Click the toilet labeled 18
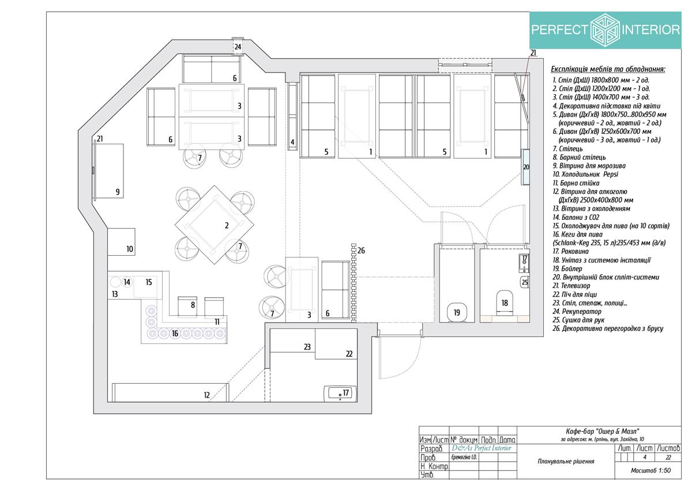(x=504, y=302)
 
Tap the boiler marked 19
(x=457, y=313)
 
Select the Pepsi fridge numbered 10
(x=121, y=242)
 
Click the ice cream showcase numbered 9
(x=110, y=171)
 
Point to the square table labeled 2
(x=215, y=225)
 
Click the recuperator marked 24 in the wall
(x=238, y=47)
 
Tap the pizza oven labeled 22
(x=336, y=344)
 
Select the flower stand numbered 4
(x=292, y=116)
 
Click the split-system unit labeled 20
(x=525, y=167)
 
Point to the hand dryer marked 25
(x=525, y=282)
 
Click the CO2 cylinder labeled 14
(x=127, y=282)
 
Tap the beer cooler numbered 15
(x=148, y=285)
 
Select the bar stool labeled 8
(x=187, y=307)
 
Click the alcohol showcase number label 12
(x=206, y=395)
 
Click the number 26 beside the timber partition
(x=361, y=250)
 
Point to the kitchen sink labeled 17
(x=340, y=394)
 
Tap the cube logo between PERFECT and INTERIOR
(x=605, y=30)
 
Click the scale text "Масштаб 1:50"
(x=650, y=470)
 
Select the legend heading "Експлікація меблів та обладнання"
(x=608, y=69)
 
